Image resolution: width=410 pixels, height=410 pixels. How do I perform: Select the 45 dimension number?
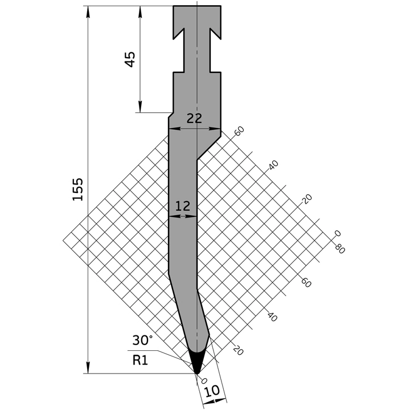click(130, 59)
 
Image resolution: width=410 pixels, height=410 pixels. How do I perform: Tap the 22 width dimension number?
click(194, 118)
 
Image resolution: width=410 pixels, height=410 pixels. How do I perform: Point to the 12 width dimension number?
click(183, 206)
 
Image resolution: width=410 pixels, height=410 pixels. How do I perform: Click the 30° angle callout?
click(142, 341)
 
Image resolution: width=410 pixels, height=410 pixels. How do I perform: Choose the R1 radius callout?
click(140, 359)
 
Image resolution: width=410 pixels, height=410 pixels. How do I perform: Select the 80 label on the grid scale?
click(340, 249)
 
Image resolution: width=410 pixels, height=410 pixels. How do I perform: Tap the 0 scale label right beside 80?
click(338, 233)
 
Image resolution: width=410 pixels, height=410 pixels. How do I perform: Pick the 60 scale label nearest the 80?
click(306, 281)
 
